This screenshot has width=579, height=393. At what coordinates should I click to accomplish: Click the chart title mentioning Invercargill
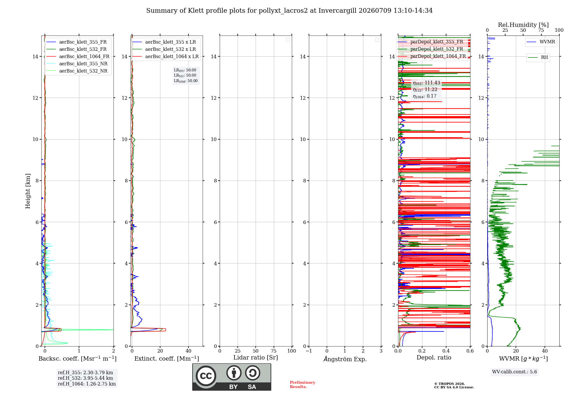tap(289, 11)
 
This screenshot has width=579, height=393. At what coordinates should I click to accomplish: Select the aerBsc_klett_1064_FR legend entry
tap(78, 57)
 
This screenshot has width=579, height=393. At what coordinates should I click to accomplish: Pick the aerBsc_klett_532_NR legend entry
tap(77, 71)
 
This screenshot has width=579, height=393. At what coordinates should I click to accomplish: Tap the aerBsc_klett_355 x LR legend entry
tap(164, 42)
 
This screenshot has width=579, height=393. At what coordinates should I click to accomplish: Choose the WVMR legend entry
tap(541, 42)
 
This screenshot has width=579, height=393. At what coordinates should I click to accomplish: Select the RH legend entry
tap(538, 58)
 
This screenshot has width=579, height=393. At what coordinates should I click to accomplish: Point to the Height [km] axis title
tap(28, 191)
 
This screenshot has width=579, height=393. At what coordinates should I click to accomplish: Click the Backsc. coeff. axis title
tap(78, 359)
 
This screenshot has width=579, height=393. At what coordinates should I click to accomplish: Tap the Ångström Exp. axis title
tap(345, 359)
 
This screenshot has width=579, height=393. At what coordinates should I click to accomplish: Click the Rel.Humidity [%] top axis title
tap(523, 25)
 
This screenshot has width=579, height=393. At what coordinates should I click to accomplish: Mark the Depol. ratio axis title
tap(434, 357)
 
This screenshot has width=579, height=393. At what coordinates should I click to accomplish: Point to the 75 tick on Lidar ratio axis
tap(274, 351)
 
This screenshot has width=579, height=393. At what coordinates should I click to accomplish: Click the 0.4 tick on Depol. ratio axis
tap(446, 351)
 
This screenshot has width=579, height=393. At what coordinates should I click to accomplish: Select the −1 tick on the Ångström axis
tap(309, 351)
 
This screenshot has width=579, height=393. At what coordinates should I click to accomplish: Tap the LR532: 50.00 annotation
tap(185, 75)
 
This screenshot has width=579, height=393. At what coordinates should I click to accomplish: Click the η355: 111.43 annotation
tap(426, 83)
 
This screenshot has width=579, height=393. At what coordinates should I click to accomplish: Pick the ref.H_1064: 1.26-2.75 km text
tap(87, 384)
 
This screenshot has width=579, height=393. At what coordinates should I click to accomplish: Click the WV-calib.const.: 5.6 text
tap(514, 372)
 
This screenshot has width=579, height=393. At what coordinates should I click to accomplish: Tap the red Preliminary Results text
tap(303, 385)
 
